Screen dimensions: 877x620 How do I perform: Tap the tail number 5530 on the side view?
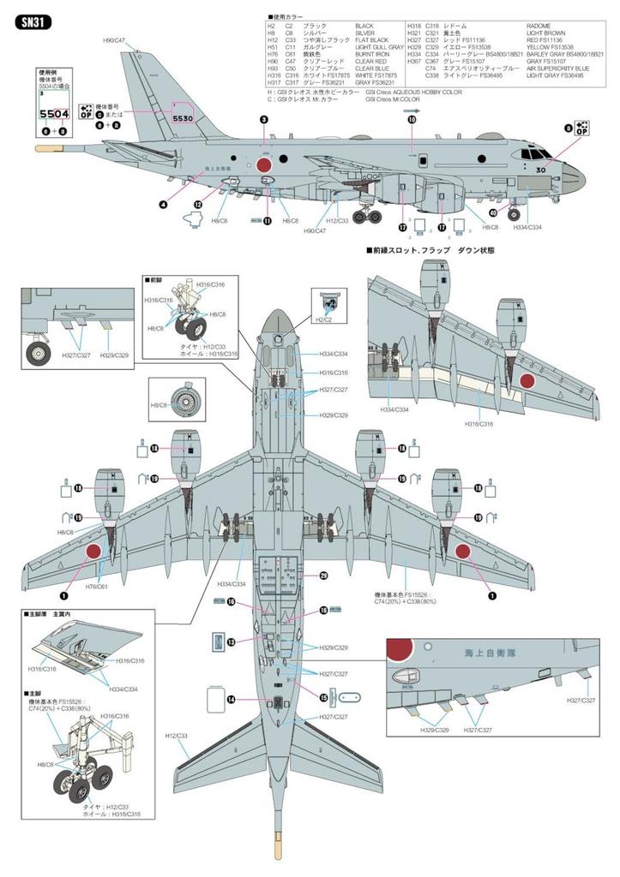coord(184,119)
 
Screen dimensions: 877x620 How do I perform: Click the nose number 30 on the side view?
coord(540,170)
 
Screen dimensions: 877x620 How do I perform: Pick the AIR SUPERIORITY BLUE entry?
coord(558,69)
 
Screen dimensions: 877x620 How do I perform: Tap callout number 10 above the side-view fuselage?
coord(411,121)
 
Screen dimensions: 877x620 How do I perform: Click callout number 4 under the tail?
coord(163,204)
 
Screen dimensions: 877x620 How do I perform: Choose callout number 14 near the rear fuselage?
coord(231,699)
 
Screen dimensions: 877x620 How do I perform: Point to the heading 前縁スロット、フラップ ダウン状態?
coord(430,250)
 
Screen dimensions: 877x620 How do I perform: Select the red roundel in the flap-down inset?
coord(527,382)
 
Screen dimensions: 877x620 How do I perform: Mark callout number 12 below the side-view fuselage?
coord(197,205)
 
